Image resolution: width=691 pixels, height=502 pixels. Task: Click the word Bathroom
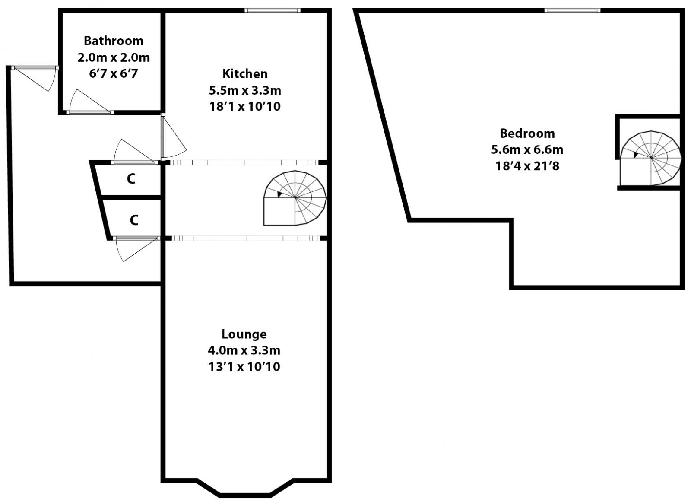point(114,41)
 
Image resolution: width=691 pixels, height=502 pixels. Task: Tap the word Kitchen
point(245,73)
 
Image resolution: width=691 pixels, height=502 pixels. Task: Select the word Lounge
point(244,334)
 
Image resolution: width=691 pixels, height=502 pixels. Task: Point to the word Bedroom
point(527,133)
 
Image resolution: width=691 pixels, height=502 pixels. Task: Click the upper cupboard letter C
point(131,178)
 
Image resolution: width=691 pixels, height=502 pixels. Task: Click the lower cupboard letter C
point(134,220)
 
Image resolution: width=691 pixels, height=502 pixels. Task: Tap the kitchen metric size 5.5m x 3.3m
point(245,90)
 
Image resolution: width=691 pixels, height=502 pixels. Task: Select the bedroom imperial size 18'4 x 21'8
point(527,166)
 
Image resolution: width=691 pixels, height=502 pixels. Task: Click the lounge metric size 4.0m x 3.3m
point(244,350)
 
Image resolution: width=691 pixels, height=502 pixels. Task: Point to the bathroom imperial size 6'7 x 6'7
point(114,73)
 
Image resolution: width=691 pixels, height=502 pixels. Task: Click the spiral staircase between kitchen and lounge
point(295,198)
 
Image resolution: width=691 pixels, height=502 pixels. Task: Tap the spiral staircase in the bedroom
point(650,158)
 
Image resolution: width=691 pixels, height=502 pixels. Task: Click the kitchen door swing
point(173,138)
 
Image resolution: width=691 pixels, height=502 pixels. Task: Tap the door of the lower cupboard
point(134,248)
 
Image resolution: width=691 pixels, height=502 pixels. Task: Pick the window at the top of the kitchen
point(272,10)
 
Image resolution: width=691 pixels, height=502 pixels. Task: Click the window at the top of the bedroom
point(572,10)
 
